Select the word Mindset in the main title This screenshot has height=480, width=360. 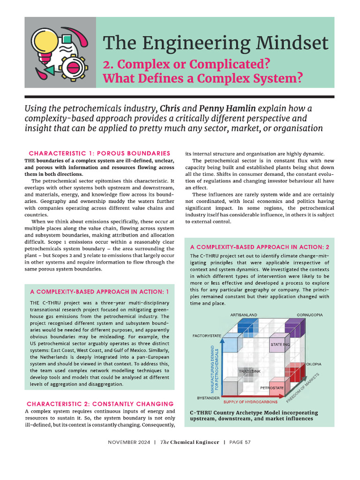[289, 43]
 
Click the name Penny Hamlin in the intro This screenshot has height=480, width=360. [225, 109]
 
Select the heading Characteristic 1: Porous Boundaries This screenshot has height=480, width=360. [99, 153]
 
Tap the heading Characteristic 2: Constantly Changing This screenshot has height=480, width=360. [100, 404]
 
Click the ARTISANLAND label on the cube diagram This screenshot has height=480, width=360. [244, 315]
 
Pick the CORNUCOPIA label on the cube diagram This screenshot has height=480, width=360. [309, 315]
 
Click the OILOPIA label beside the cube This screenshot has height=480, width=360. [314, 364]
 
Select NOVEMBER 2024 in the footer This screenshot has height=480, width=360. [129, 442]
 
